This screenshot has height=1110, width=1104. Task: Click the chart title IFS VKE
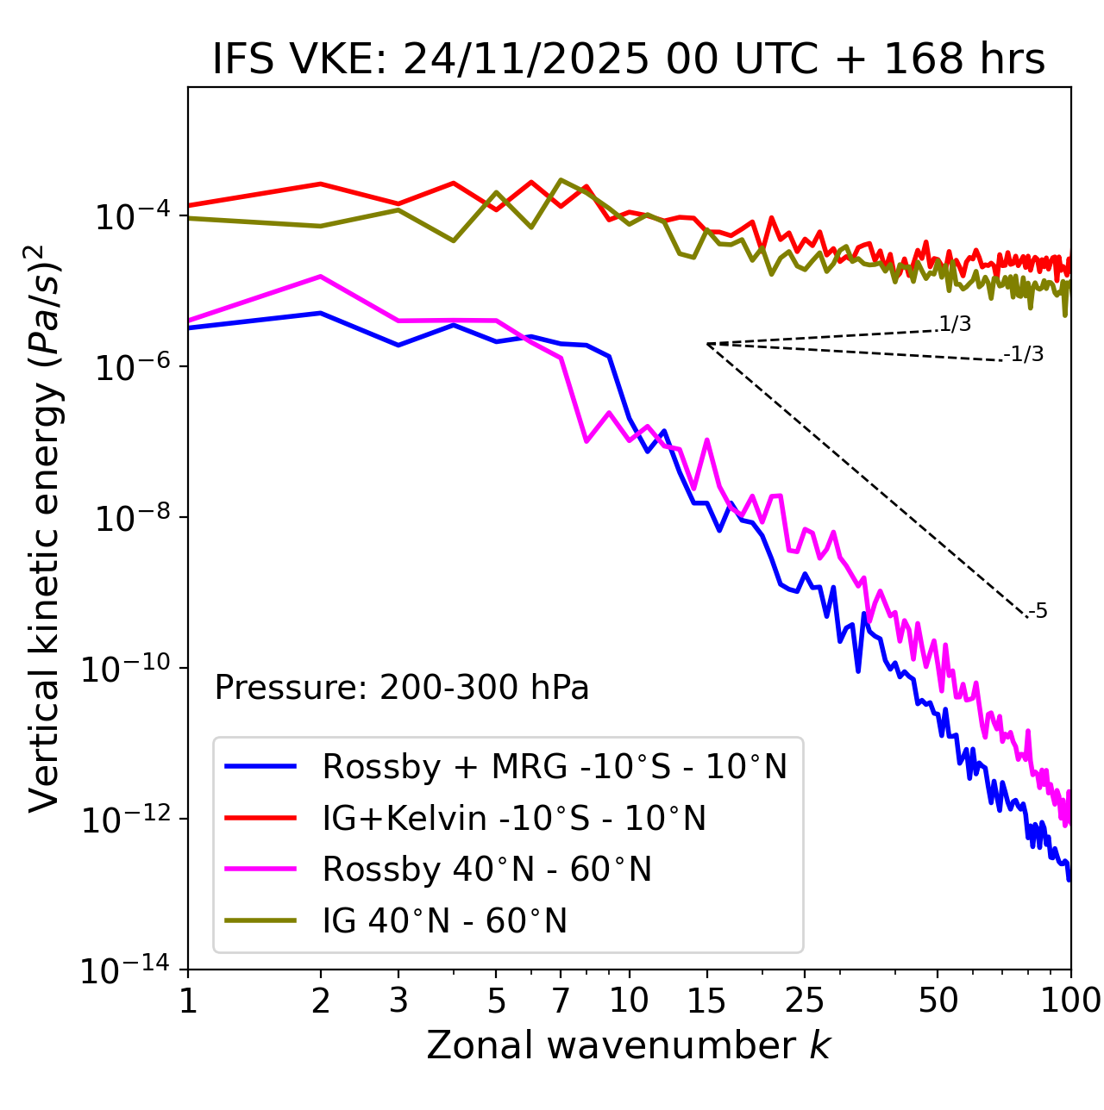coord(629,60)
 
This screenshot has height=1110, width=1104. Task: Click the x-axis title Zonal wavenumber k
coord(629,1045)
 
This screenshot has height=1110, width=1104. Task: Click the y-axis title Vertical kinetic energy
coord(45,527)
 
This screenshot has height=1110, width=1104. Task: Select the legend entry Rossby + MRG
coord(555,766)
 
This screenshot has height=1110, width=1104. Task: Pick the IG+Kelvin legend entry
coord(514,818)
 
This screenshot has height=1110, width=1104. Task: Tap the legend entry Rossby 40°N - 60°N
coord(486,870)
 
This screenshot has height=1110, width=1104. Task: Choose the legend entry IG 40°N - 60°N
coord(444,921)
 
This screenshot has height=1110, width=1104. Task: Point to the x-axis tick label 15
coord(706,1000)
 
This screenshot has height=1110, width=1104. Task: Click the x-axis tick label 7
coord(561,1000)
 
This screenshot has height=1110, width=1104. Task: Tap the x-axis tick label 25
coord(805,1000)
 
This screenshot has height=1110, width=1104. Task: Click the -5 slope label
coord(1038,612)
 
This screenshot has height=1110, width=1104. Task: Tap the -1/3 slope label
coord(1025,354)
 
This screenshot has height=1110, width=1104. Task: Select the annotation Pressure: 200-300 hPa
coord(402,688)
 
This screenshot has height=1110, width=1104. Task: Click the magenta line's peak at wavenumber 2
coord(321,277)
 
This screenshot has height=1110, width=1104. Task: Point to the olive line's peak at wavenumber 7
coord(561,180)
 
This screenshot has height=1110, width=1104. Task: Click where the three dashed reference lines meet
coord(707,344)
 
